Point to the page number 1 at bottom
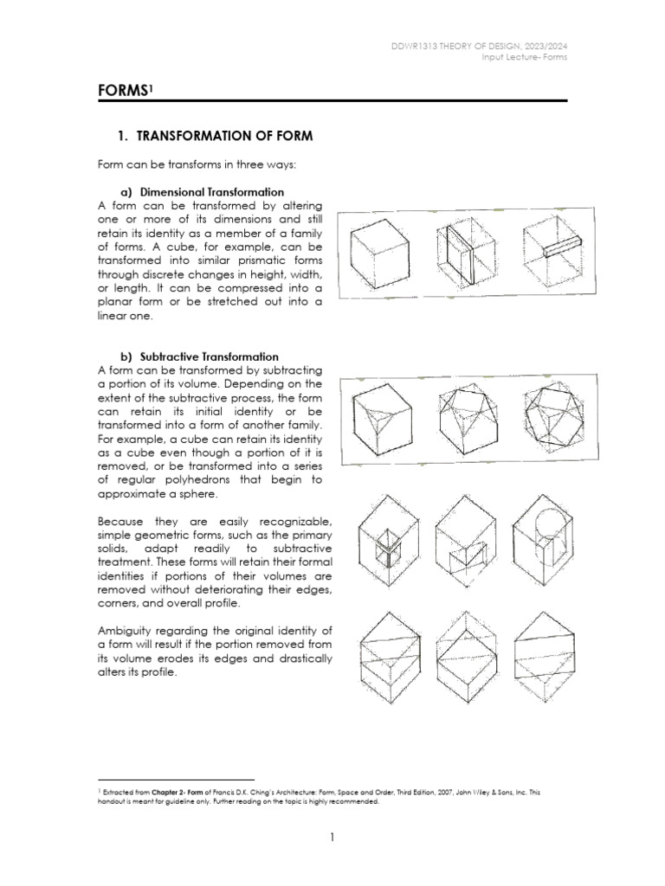(332, 837)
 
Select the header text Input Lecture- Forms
(529, 58)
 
